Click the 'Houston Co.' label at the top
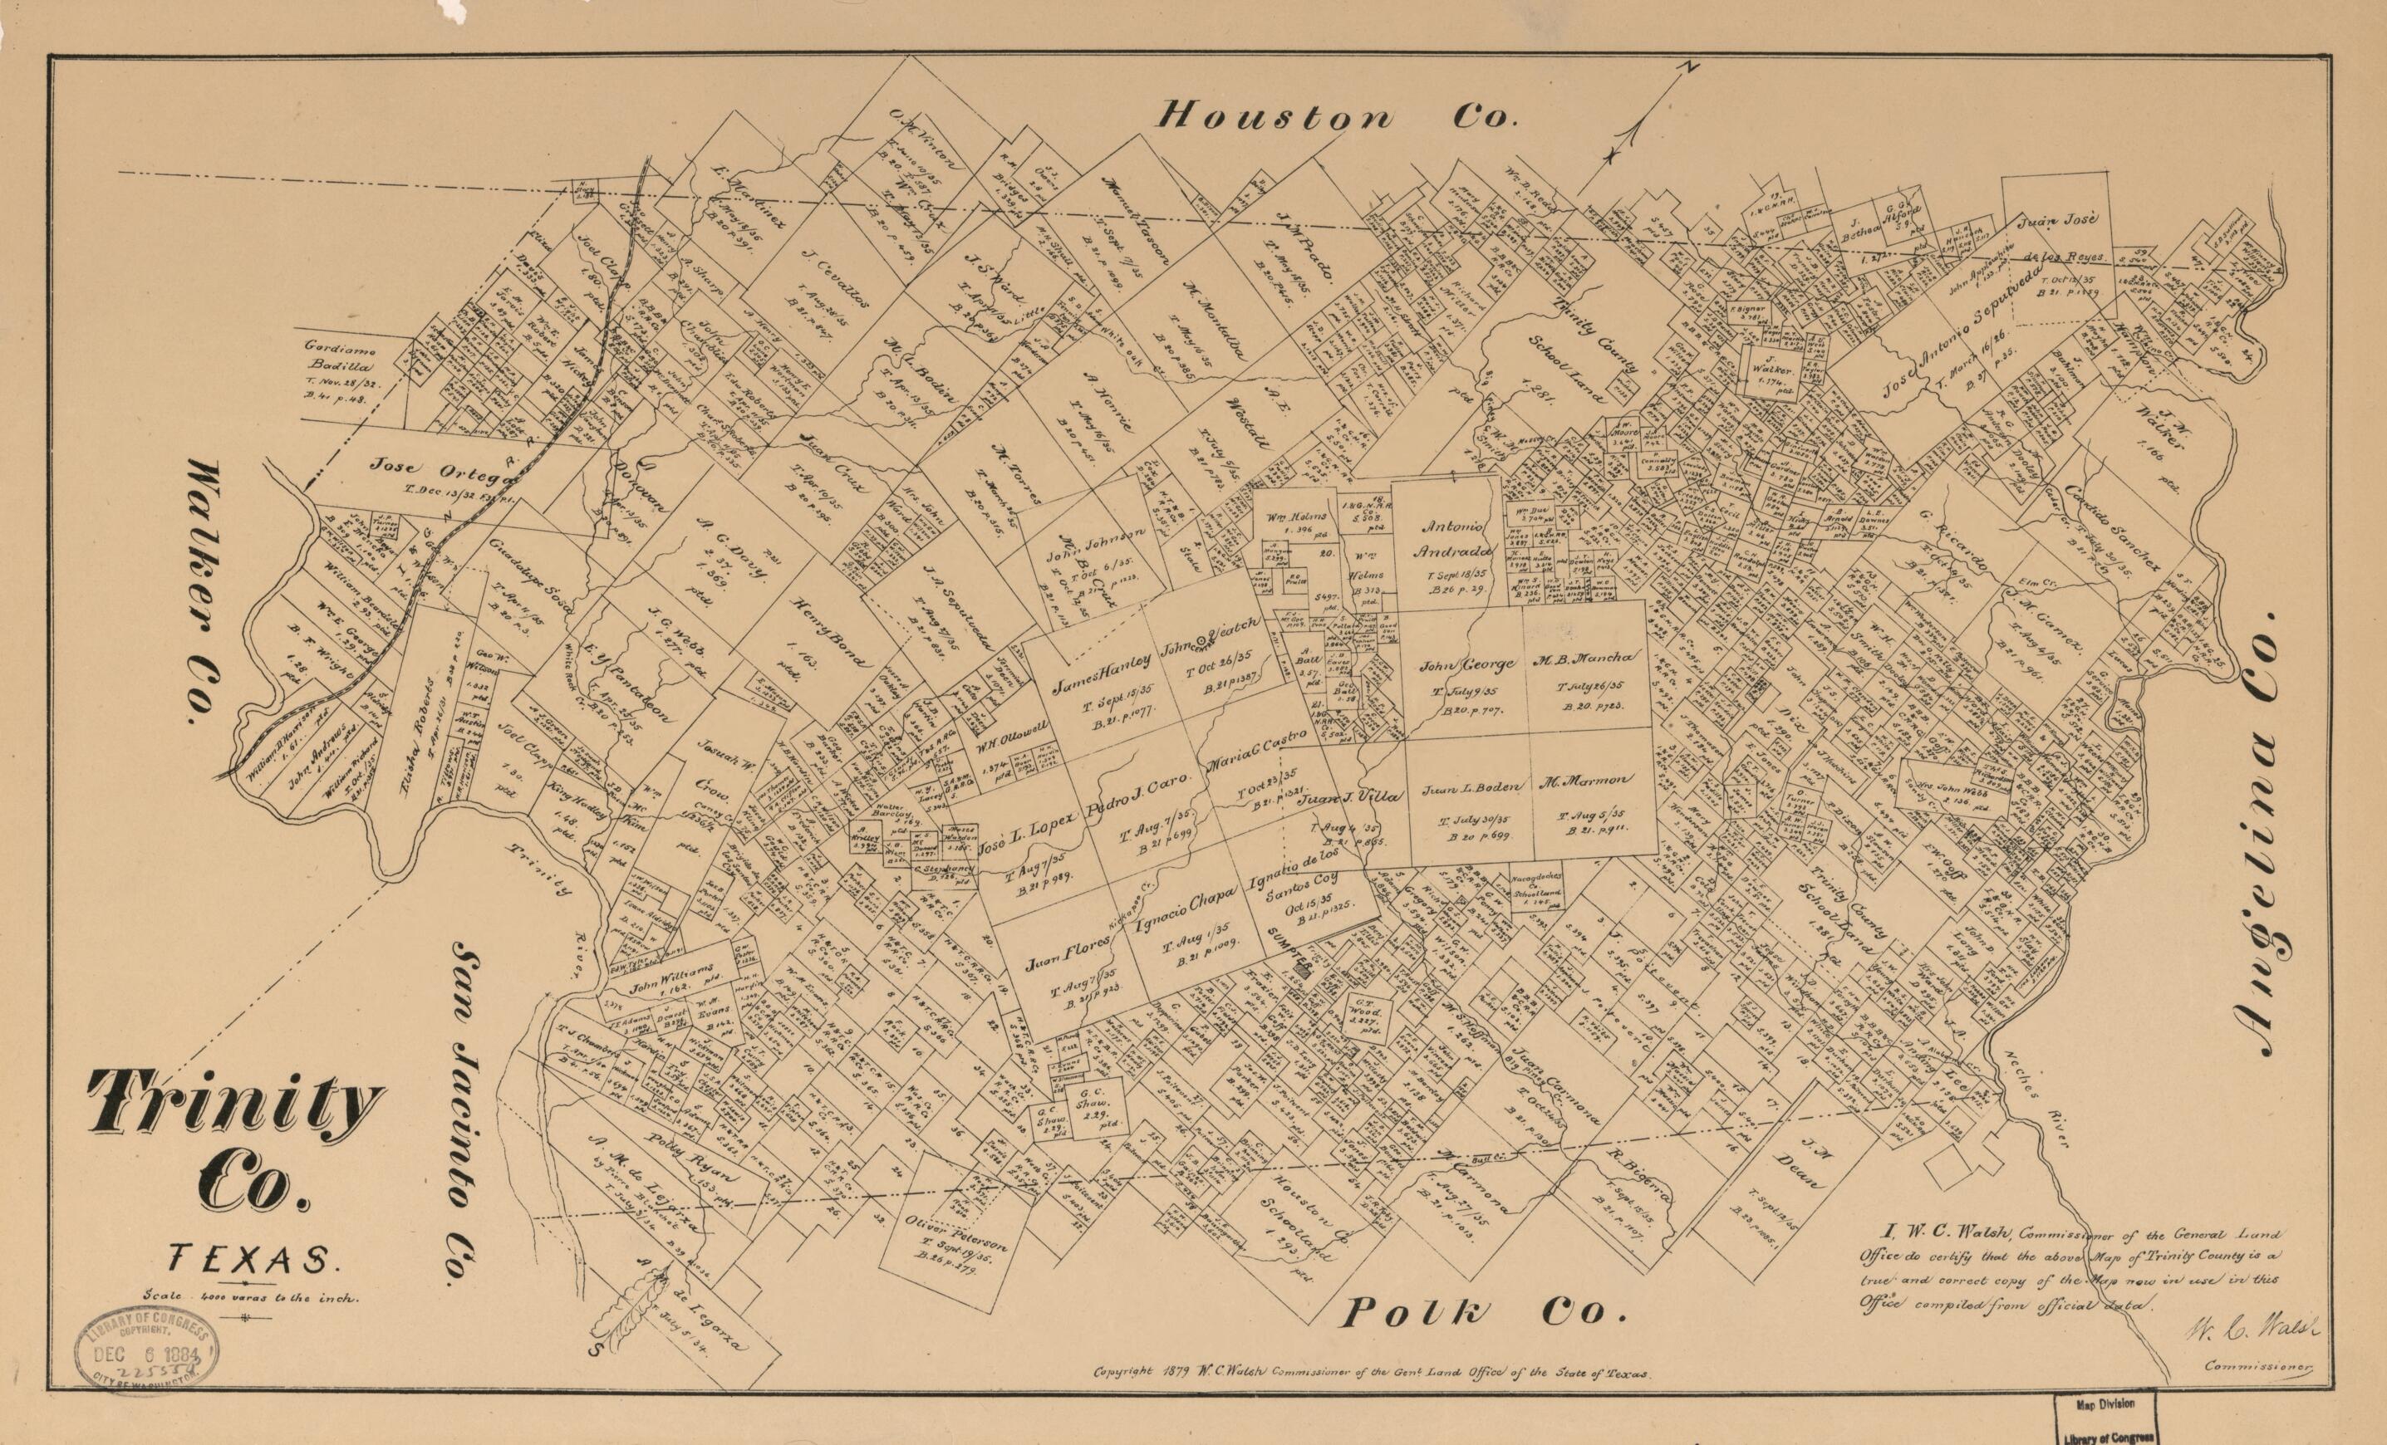(1335, 117)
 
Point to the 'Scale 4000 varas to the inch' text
(251, 1297)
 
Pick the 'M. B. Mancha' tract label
(1585, 659)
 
